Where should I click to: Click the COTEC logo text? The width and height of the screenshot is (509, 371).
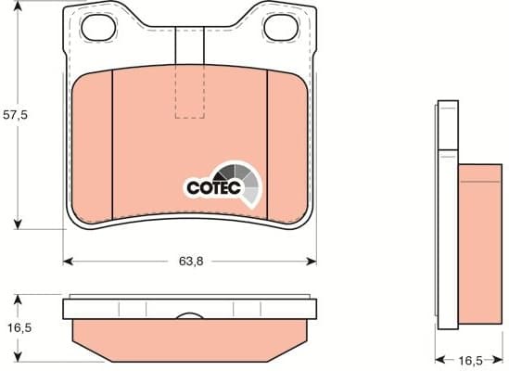tap(214, 187)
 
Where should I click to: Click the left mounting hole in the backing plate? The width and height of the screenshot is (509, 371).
tap(96, 30)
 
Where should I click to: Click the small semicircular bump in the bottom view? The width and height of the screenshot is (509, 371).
tap(189, 318)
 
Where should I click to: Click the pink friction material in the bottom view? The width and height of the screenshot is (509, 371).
tap(189, 339)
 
